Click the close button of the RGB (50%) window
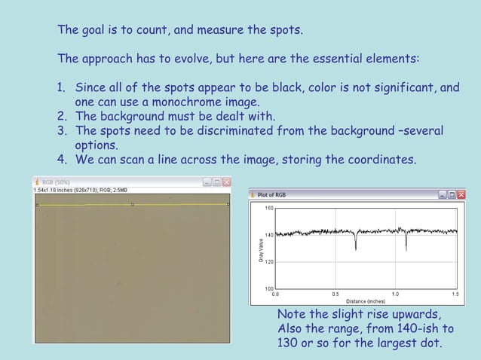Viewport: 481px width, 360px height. pos(226,182)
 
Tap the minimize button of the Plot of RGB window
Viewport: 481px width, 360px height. pos(443,194)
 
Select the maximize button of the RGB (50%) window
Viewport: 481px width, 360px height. pos(216,182)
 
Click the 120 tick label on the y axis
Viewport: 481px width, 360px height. pos(268,261)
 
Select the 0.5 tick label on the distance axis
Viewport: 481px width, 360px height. pos(334,294)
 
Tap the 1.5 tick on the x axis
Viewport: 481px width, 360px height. pos(455,294)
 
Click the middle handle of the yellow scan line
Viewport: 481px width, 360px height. pos(133,204)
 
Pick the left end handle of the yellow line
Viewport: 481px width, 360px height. pos(37,205)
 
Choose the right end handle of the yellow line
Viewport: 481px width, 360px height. pos(228,203)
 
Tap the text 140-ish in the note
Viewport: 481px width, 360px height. pos(415,328)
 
